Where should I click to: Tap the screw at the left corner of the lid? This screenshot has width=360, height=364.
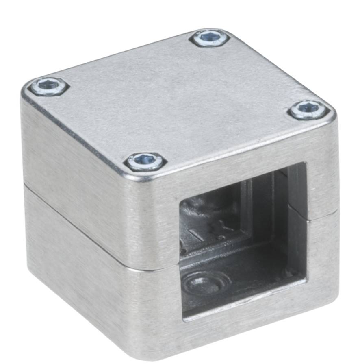click(x=49, y=87)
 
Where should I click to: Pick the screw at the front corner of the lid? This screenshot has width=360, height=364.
click(x=145, y=161)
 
